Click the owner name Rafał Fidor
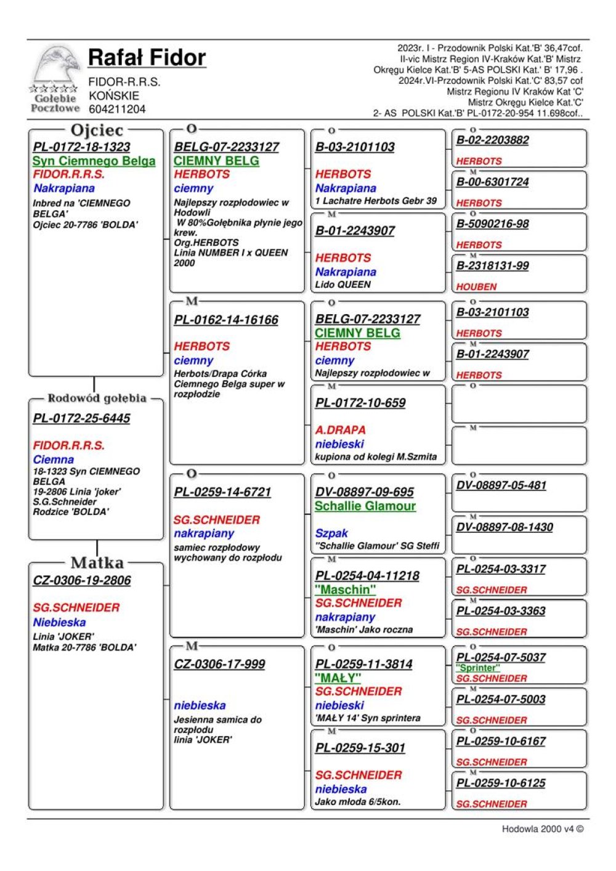click(x=147, y=58)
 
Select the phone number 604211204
click(x=117, y=110)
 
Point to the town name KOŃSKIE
click(x=114, y=96)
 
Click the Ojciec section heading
click(x=97, y=131)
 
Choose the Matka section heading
click(x=97, y=563)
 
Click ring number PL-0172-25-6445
click(x=82, y=419)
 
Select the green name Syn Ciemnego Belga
click(x=94, y=161)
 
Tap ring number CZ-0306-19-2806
click(x=82, y=581)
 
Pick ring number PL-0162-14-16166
click(x=226, y=320)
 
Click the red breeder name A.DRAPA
click(x=340, y=430)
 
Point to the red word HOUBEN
click(x=476, y=287)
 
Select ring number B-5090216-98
click(x=492, y=224)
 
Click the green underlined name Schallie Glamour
click(x=365, y=506)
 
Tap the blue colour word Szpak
click(x=331, y=533)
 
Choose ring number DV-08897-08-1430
click(x=505, y=527)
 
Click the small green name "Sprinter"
click(x=478, y=668)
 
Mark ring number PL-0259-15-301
click(x=360, y=748)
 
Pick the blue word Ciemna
click(x=54, y=460)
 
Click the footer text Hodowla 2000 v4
click(x=542, y=829)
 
